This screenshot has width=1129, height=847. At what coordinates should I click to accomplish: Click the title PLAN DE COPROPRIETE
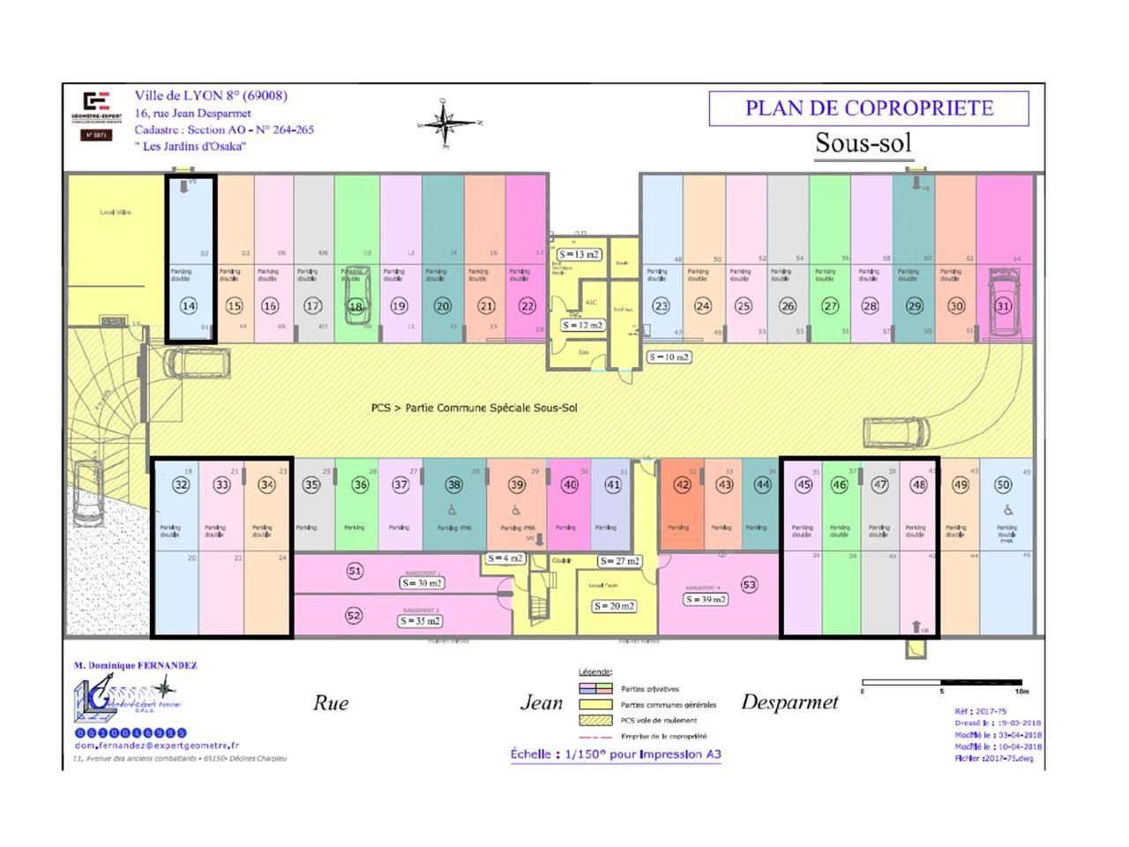pos(869,109)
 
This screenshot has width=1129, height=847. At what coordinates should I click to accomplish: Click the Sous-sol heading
pos(863,143)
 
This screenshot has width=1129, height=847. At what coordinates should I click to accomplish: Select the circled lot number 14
pos(188,306)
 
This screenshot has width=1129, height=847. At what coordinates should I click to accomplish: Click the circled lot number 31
pos(1003,306)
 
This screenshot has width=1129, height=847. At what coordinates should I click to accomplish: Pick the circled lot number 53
pos(749,584)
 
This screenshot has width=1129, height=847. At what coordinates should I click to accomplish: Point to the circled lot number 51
pos(354,571)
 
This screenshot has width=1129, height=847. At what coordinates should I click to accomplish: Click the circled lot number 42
pos(682,484)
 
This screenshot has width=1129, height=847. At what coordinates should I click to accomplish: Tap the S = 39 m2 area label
pos(706,599)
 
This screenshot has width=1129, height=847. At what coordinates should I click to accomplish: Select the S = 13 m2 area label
pos(579,254)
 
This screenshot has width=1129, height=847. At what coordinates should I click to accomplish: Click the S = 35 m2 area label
pos(421,620)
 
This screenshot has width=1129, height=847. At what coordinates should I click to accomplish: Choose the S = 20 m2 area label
pos(614,606)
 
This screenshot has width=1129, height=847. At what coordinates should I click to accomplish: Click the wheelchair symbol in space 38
pos(453,509)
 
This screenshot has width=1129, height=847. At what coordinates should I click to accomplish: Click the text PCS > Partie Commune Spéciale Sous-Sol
pos(474,408)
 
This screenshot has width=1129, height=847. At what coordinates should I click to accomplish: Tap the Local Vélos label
pos(116,213)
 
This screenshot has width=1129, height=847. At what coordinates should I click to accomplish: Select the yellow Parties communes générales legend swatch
pos(594,705)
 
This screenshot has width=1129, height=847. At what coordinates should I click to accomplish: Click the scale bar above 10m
pos(942,682)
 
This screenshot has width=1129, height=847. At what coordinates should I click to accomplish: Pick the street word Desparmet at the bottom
pos(789,702)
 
